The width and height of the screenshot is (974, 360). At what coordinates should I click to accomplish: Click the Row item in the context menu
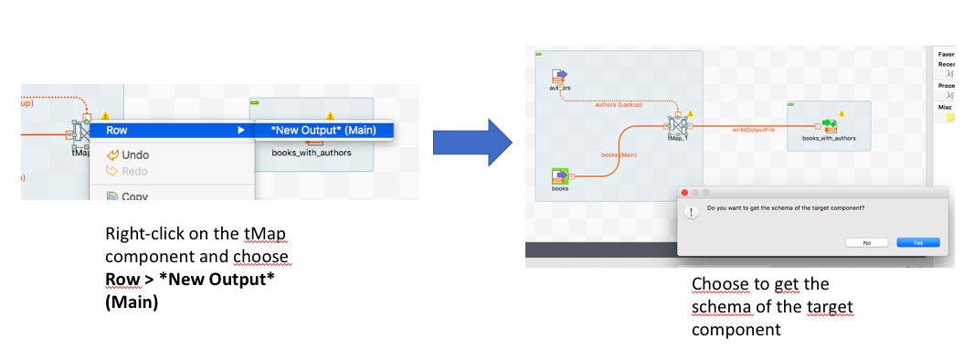(x=117, y=130)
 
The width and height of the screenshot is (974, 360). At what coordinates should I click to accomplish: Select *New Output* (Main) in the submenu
(x=323, y=130)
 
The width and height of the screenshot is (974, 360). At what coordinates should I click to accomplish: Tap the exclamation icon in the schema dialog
(x=691, y=212)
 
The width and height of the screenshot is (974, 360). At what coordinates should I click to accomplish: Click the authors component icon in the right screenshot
(x=560, y=77)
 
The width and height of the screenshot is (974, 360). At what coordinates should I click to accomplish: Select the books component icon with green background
(x=561, y=175)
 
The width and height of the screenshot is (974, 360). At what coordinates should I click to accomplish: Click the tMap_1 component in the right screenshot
(x=677, y=125)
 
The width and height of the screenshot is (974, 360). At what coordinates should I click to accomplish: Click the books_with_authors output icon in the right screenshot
(x=830, y=125)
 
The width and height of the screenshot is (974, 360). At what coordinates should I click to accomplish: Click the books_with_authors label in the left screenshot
(x=311, y=153)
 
